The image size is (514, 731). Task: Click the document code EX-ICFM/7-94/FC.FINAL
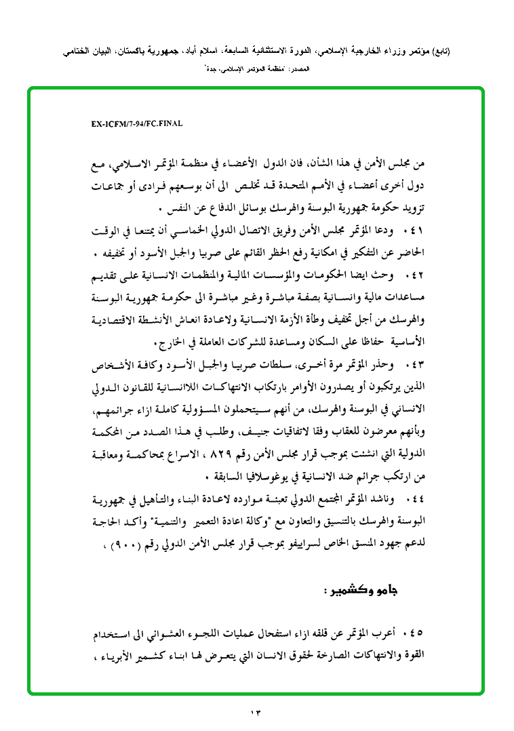137,124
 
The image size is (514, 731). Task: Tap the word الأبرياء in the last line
113,656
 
